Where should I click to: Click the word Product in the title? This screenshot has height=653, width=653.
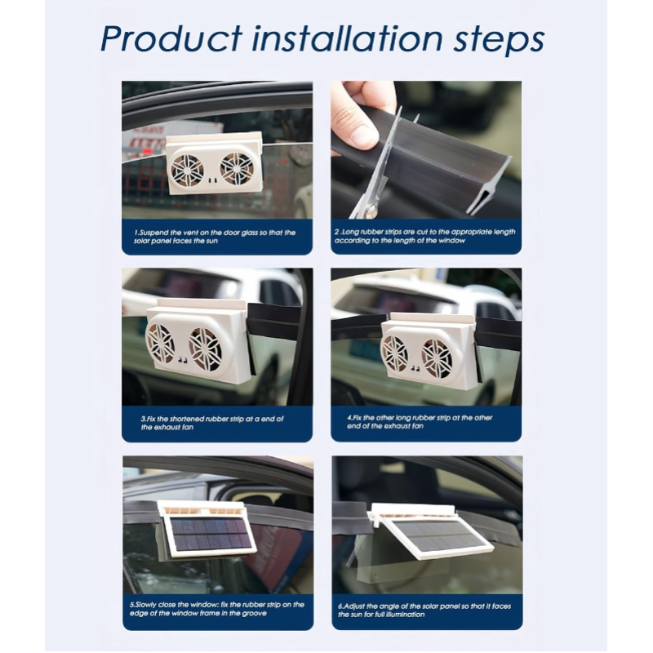171,38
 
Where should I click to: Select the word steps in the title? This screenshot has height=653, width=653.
499,41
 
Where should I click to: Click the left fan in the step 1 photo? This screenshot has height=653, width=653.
187,171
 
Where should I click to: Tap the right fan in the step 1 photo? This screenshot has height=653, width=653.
237,168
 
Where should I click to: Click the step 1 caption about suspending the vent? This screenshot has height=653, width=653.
215,237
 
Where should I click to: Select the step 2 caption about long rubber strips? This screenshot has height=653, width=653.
424,236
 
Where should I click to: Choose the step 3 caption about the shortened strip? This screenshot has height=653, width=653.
212,423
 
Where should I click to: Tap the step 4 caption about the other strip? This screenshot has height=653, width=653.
420,421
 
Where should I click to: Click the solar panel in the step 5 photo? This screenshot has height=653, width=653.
211,534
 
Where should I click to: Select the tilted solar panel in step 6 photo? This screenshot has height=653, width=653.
438,536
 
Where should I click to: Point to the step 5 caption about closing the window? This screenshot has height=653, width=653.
216,608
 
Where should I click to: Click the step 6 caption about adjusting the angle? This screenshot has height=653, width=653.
424,610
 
